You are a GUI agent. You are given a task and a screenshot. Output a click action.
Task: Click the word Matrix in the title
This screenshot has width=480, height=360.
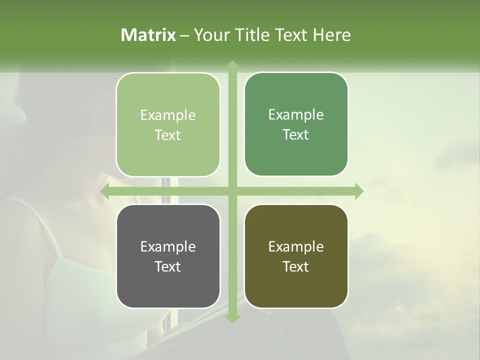(x=148, y=35)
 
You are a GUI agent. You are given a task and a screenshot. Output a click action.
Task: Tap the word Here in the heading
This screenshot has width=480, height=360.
(x=331, y=35)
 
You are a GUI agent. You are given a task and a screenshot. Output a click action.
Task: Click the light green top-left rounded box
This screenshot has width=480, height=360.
(x=168, y=125)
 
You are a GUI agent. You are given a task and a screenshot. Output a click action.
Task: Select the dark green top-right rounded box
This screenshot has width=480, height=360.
(x=296, y=124)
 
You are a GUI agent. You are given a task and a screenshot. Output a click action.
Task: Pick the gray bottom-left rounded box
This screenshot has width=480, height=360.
(x=168, y=256)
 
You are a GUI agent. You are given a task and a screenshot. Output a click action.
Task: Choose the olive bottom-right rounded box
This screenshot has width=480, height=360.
(x=296, y=256)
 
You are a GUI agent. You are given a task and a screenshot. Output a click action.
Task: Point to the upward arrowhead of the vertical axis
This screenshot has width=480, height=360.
(x=232, y=65)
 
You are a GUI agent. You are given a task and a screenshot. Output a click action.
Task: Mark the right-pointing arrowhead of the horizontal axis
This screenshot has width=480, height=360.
(x=358, y=191)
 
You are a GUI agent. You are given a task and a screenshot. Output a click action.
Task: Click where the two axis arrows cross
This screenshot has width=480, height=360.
(x=232, y=191)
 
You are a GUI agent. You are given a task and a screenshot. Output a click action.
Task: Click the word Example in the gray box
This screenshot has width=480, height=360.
(x=168, y=246)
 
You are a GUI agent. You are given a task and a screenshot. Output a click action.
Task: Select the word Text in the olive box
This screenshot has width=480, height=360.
(x=296, y=266)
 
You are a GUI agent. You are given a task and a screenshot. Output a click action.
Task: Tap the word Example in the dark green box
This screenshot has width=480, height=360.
(x=296, y=114)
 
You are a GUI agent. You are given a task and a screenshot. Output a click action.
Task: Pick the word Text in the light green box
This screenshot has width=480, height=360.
(x=168, y=135)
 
